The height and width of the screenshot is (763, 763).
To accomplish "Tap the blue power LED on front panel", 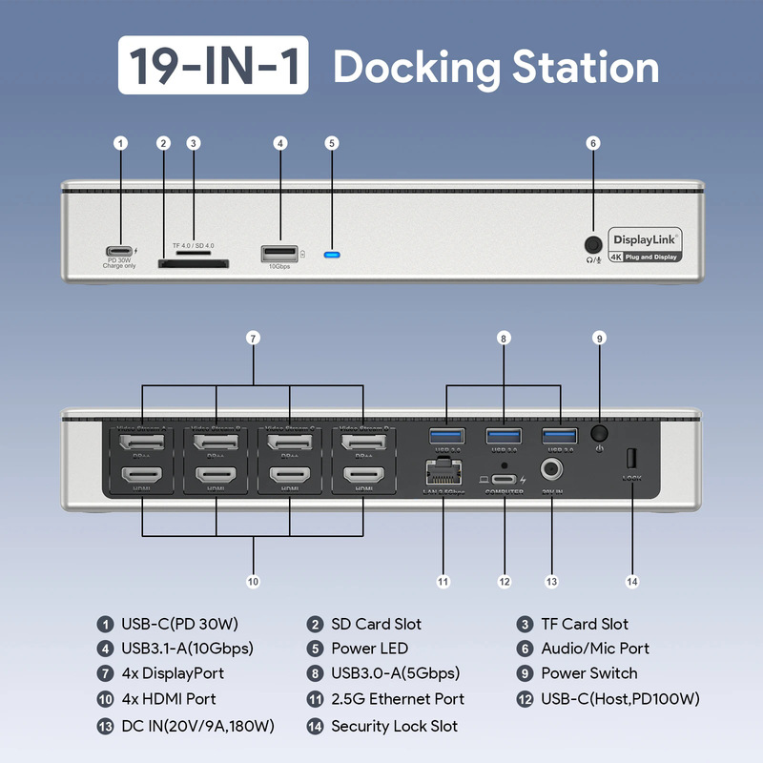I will coord(332,255).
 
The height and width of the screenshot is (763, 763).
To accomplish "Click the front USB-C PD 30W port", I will coord(120,241).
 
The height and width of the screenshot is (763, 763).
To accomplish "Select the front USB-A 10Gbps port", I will coord(278,253).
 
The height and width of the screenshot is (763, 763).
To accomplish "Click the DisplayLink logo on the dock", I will coord(645,240).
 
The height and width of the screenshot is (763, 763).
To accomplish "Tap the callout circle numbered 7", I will coord(253,338).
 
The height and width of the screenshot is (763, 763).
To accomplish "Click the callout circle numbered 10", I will coord(253,581).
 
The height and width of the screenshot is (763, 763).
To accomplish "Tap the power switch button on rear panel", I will coord(600,431).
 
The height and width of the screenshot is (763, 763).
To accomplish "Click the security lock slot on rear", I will coord(631,457).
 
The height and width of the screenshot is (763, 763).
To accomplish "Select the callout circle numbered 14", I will coord(631,581).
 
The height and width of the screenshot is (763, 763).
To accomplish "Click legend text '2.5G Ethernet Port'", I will coord(398,699).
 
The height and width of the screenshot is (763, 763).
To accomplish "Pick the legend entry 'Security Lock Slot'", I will coord(394,726).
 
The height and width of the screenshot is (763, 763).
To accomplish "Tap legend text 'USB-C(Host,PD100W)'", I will coord(620,699).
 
